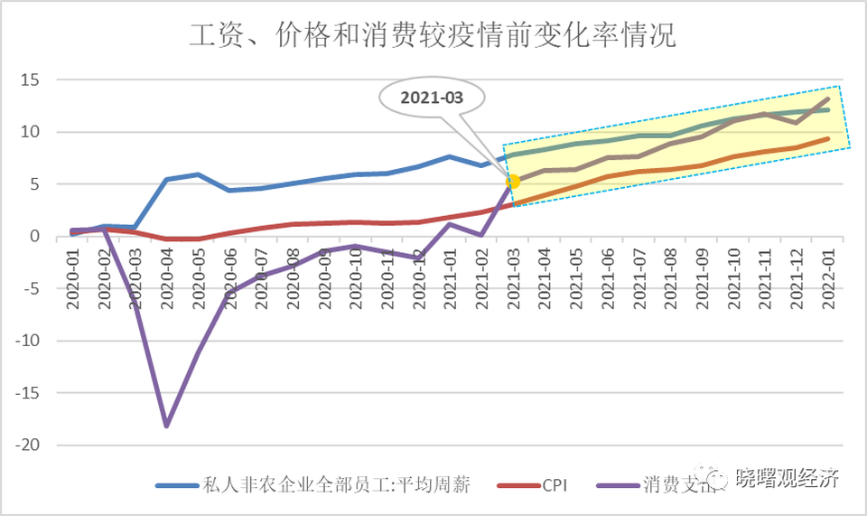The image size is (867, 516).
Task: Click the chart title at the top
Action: (x=433, y=36)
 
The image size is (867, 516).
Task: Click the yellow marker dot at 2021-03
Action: (x=512, y=182)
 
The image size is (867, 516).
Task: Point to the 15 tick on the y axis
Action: (x=30, y=80)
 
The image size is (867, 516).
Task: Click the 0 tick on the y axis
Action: (x=35, y=237)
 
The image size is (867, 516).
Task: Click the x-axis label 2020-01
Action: (x=73, y=277)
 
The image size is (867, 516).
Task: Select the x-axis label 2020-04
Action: (x=166, y=277)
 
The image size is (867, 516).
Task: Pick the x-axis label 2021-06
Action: (x=609, y=277)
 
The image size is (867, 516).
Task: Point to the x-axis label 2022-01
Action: (x=827, y=277)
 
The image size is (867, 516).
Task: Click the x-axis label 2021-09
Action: (x=703, y=277)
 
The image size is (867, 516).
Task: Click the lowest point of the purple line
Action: (x=167, y=425)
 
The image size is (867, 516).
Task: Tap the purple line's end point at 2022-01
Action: (x=827, y=99)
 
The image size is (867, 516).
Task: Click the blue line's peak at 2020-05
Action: (x=198, y=174)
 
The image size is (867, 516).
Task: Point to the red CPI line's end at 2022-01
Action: (x=827, y=138)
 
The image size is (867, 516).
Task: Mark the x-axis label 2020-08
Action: (x=293, y=277)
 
